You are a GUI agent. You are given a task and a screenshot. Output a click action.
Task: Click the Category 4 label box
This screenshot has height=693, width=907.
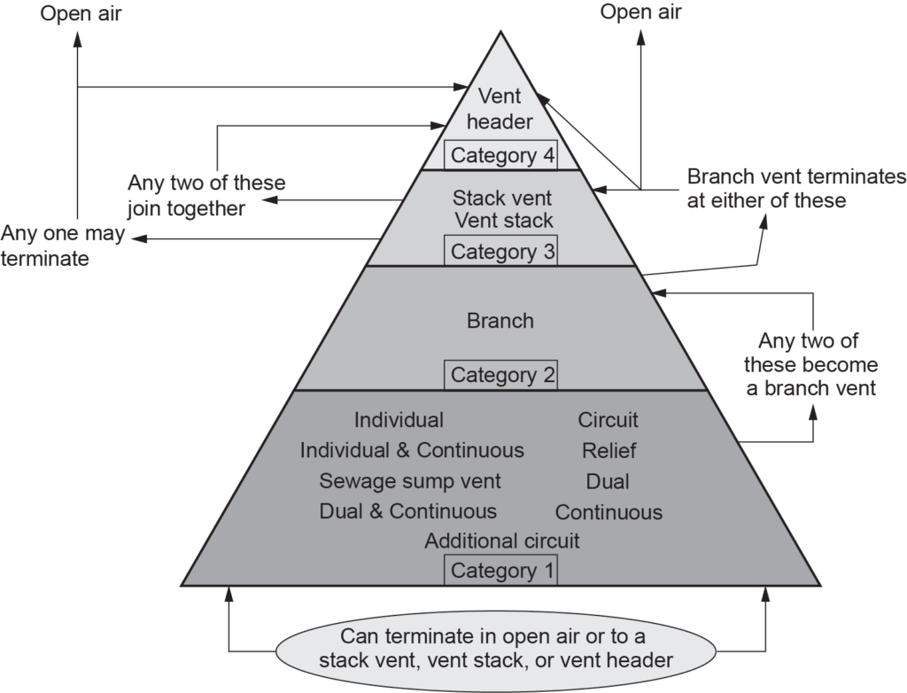pos(502,156)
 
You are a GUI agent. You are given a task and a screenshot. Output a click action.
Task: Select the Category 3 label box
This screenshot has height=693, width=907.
pos(502,252)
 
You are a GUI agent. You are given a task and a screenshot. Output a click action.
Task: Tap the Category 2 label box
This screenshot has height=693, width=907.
pos(502,375)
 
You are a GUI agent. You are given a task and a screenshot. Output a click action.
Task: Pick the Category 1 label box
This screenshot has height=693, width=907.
pos(502,571)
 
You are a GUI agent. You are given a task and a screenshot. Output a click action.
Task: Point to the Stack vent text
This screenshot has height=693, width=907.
pos(502,197)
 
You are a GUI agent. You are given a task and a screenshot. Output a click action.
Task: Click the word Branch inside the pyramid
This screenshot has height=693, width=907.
pos(500,321)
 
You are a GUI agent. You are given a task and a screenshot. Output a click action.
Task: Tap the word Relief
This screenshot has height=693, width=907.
pos(609,451)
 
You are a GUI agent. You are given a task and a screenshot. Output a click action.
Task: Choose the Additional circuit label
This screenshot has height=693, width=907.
pos(502,541)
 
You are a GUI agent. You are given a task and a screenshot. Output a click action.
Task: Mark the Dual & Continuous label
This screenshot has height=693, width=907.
pos(407,511)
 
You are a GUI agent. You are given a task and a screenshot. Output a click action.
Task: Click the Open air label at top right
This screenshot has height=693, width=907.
pos(641,12)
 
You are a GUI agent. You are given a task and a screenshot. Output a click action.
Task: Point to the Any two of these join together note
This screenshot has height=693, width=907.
pos(206,196)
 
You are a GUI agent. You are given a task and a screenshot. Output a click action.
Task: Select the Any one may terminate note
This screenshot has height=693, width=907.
pos(63,247)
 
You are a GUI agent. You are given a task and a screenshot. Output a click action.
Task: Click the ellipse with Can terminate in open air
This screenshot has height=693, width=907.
pos(495,649)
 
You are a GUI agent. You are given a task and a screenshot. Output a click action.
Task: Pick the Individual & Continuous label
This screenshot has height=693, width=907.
pos(412,450)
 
